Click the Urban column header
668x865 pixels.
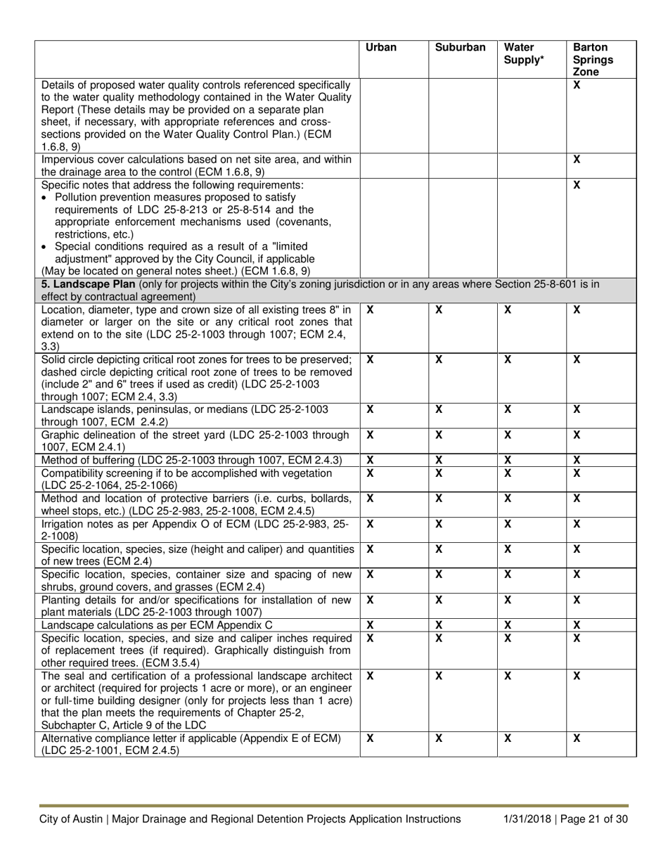[x=381, y=48]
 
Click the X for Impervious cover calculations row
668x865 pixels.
[x=577, y=160]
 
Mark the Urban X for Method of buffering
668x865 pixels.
[x=371, y=460]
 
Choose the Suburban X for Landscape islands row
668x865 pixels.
[x=439, y=409]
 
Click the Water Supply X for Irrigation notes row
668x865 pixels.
[x=508, y=523]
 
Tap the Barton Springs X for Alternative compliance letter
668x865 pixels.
[x=577, y=738]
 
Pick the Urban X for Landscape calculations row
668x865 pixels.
[x=371, y=624]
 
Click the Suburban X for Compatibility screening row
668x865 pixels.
[x=439, y=473]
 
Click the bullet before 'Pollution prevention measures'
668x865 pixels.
[x=46, y=198]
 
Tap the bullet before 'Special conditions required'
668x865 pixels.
[x=46, y=246]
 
